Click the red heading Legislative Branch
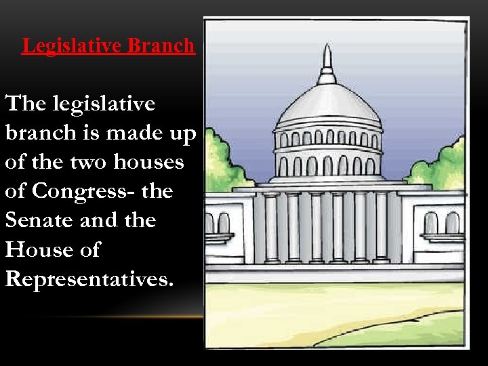[108, 45]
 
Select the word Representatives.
[89, 279]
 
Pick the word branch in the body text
[41, 133]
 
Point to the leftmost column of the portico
[271, 227]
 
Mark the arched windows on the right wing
[441, 223]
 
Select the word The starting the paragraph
[25, 104]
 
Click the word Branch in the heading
[161, 45]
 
